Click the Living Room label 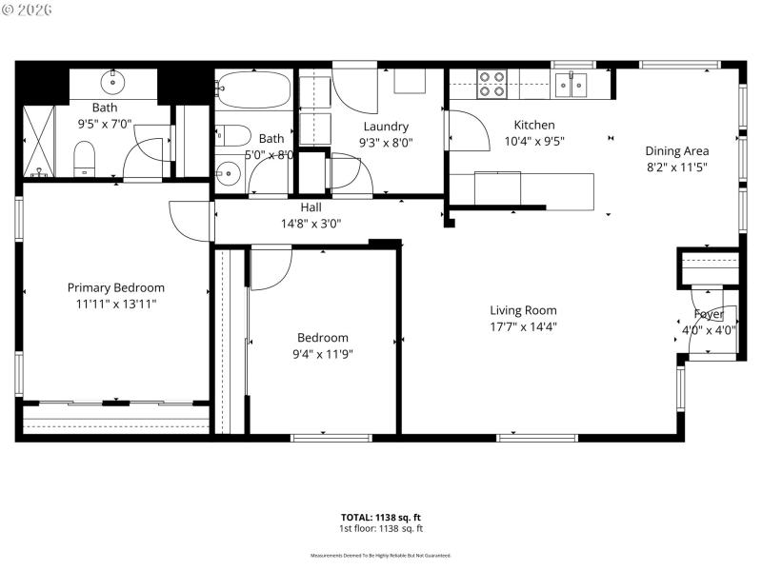coord(523,310)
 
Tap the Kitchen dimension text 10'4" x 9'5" coord(533,144)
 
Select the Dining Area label coord(676,150)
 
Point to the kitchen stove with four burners coord(491,85)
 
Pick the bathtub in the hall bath coord(252,92)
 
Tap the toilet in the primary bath coord(85,157)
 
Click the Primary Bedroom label coord(115,287)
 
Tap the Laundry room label coord(386,127)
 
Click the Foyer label coord(708,314)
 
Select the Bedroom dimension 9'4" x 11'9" coord(322,354)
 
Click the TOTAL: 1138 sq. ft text coord(381,518)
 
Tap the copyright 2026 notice coord(28,9)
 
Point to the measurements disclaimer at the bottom coord(381,555)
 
